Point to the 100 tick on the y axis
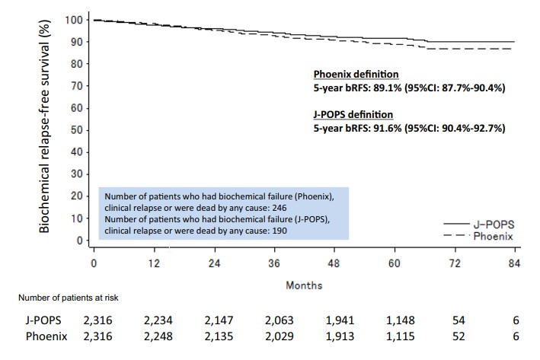click(73, 19)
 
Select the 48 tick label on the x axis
click(334, 263)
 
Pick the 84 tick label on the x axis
click(514, 263)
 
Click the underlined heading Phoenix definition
click(356, 75)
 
